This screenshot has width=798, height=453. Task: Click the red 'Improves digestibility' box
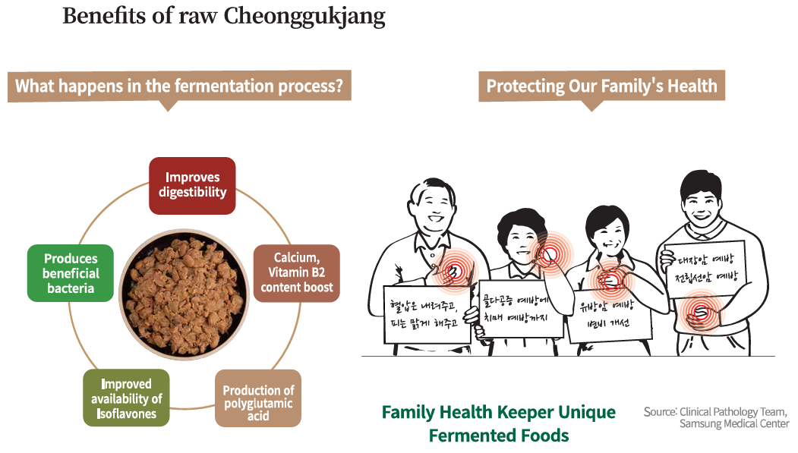pyautogui.click(x=192, y=185)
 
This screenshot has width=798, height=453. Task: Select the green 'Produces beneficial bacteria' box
pyautogui.click(x=69, y=273)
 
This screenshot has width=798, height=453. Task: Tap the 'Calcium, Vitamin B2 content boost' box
pyautogui.click(x=296, y=272)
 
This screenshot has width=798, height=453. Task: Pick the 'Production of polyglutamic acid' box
pyautogui.click(x=258, y=398)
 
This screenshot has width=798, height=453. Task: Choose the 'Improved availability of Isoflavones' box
pyautogui.click(x=126, y=398)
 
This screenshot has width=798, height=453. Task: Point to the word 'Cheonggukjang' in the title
pyautogui.click(x=304, y=16)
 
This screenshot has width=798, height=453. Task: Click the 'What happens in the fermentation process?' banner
pyautogui.click(x=179, y=86)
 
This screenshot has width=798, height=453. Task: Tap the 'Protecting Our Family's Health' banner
pyautogui.click(x=601, y=86)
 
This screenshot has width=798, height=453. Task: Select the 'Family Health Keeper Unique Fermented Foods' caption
pyautogui.click(x=498, y=423)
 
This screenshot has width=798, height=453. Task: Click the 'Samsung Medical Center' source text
pyautogui.click(x=733, y=423)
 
